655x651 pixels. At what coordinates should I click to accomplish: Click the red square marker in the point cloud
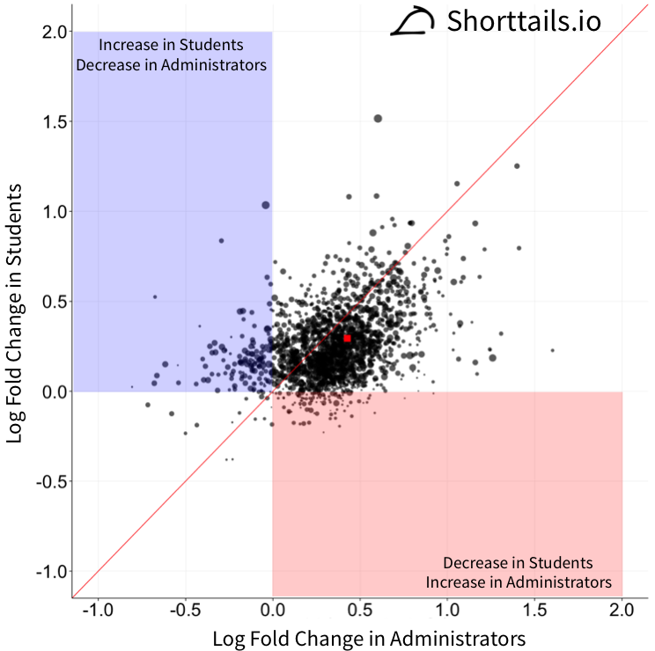click(x=347, y=338)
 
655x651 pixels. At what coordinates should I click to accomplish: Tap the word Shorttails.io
click(x=524, y=21)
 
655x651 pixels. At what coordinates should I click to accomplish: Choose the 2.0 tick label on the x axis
click(x=622, y=610)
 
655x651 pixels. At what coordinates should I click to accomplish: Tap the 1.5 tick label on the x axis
click(x=534, y=610)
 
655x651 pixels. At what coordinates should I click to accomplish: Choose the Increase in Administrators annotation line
click(x=518, y=582)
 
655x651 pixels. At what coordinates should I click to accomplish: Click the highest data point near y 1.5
click(x=378, y=118)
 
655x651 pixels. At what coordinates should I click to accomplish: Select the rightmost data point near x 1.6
click(x=552, y=350)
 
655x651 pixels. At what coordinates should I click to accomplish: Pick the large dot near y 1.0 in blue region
click(x=265, y=205)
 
